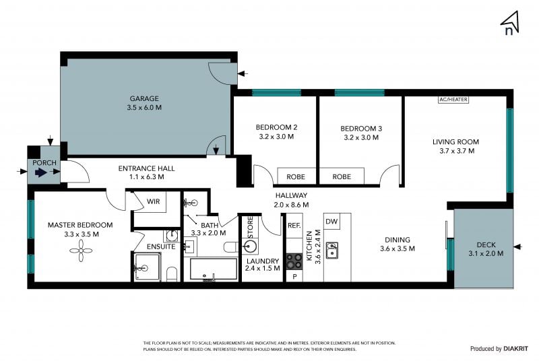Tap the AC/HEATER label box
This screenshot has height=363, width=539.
click(453, 100)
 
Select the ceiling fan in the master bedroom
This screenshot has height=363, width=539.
click(81, 251)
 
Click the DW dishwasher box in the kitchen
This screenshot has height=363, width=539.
click(331, 222)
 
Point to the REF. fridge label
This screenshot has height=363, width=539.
click(294, 226)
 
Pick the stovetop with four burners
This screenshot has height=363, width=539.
click(294, 261)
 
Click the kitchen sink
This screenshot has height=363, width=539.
click(331, 250)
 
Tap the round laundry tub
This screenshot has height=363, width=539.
click(250, 246)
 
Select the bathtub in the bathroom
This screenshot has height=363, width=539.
click(214, 269)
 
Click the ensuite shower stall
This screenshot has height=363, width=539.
click(147, 267)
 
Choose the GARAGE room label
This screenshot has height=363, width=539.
click(144, 98)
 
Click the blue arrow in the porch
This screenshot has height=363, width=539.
click(41, 172)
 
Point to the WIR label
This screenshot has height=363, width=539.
click(154, 201)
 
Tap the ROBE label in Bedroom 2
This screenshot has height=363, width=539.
click(296, 176)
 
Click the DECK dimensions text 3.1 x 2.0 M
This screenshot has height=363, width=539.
click(486, 254)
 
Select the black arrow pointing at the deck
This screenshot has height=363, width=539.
click(517, 246)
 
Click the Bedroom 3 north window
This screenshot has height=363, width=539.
click(359, 92)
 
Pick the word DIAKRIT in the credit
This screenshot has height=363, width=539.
click(515, 349)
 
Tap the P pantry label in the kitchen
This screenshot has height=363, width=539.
click(294, 276)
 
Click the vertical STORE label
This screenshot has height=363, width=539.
click(250, 226)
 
